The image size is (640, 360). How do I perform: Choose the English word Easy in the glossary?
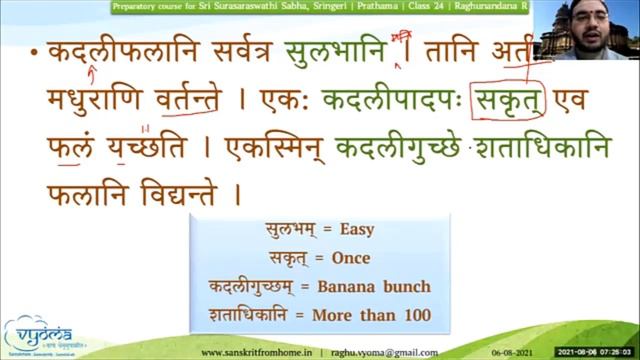(356, 229)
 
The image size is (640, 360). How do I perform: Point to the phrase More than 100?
(386, 315)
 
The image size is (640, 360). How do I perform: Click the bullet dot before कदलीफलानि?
(34, 53)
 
